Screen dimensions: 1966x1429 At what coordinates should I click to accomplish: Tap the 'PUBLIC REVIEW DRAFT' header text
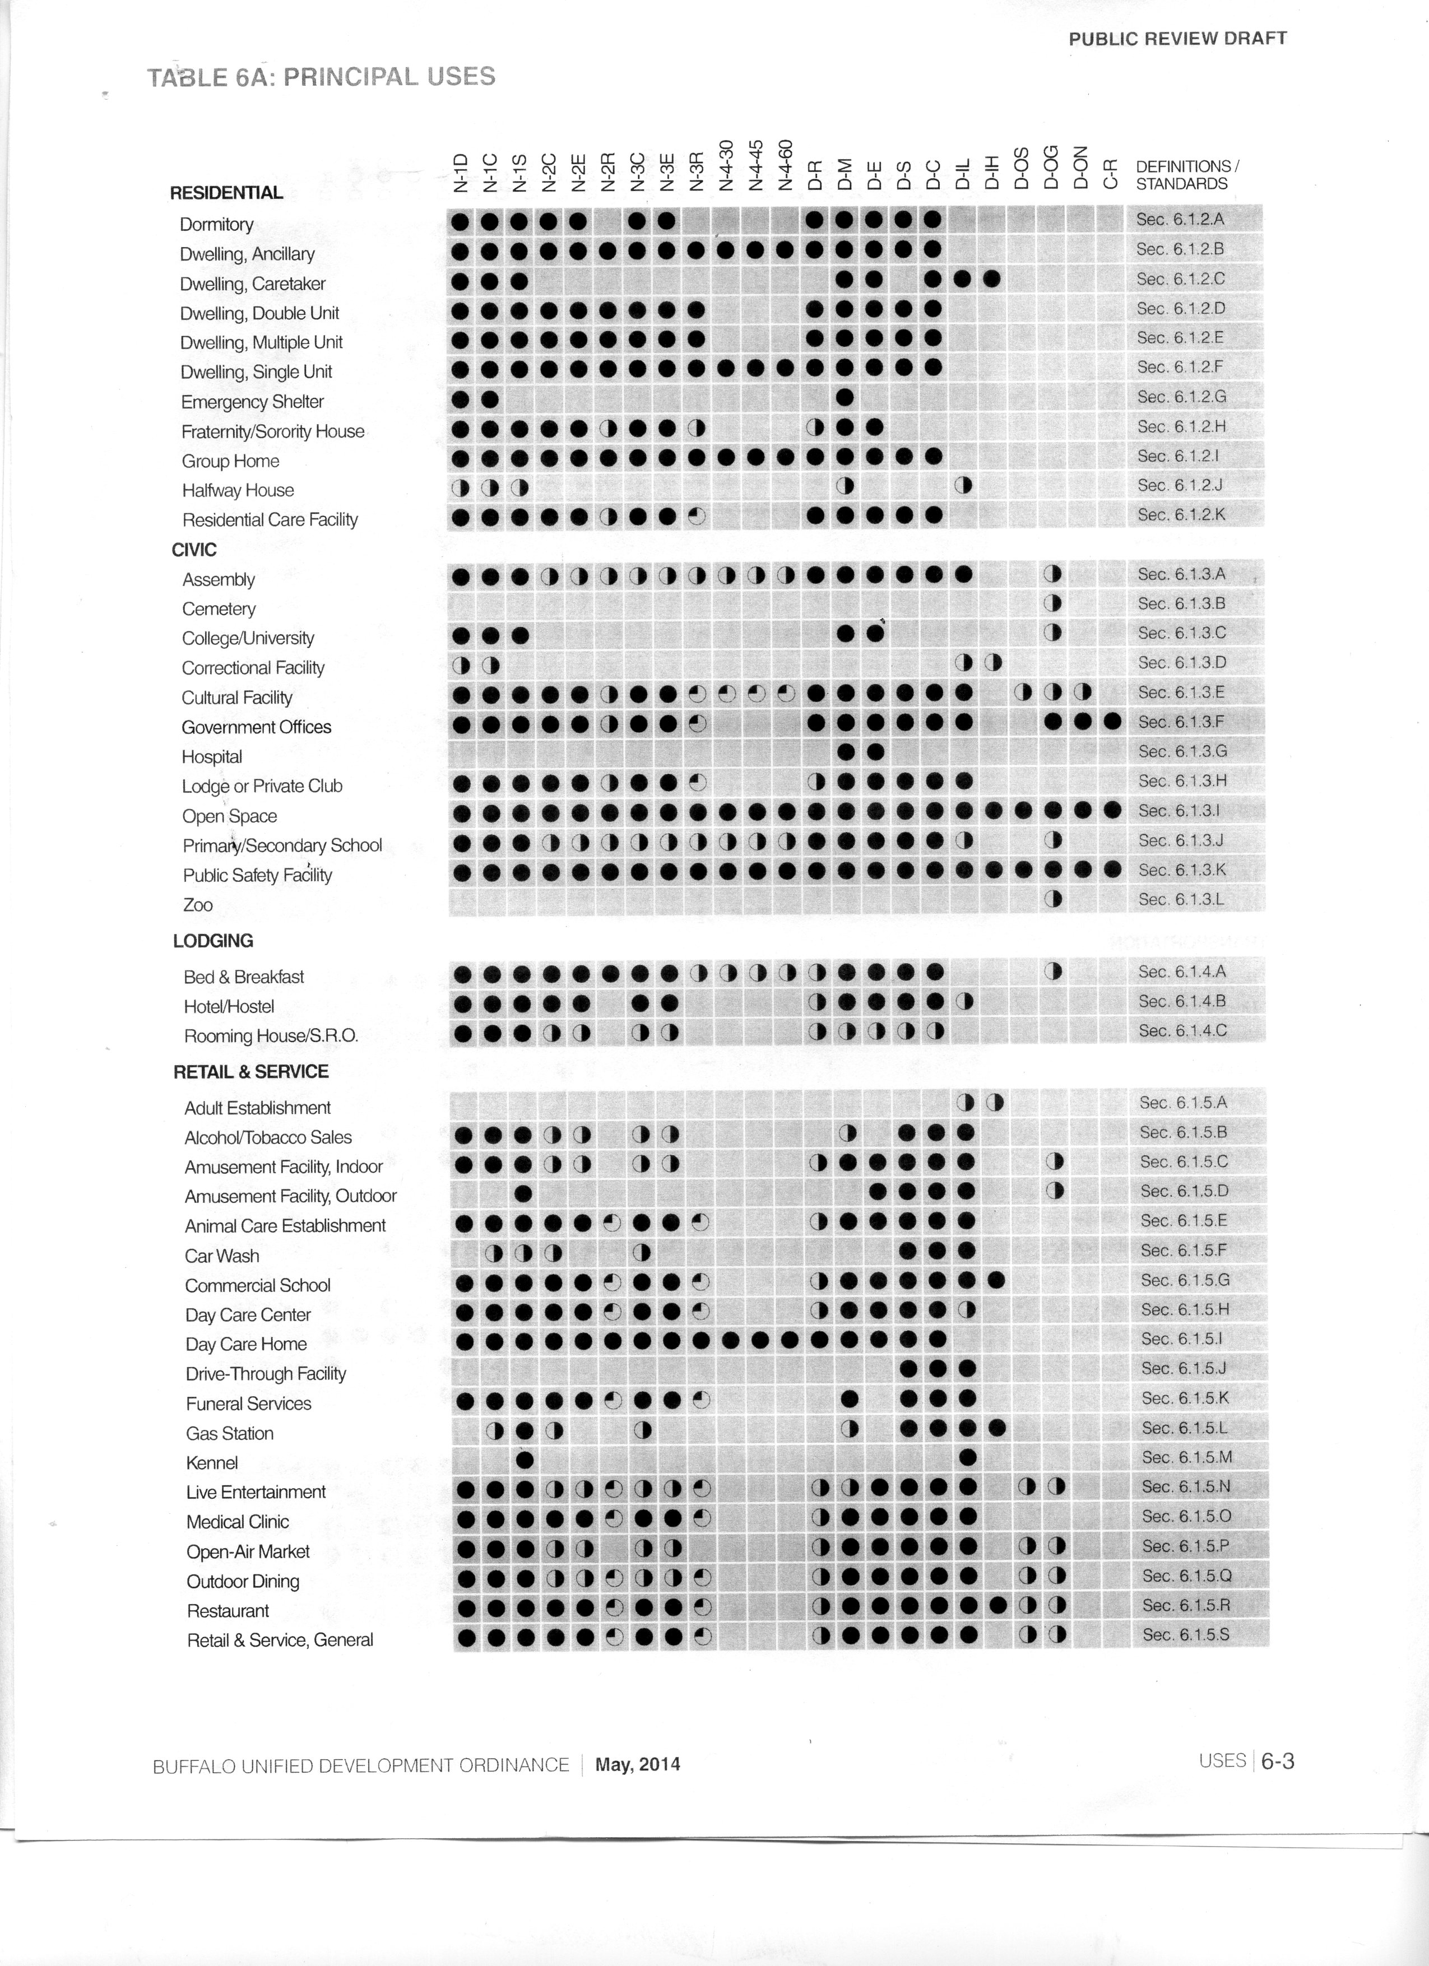pyautogui.click(x=1177, y=38)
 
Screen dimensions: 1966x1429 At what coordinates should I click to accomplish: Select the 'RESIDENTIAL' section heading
pyautogui.click(x=226, y=192)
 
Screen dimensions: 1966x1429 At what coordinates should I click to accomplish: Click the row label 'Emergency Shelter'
pyautogui.click(x=252, y=401)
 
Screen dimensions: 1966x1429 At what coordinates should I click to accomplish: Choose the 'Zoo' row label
pyautogui.click(x=198, y=904)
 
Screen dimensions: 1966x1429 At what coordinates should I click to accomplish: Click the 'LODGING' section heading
pyautogui.click(x=214, y=941)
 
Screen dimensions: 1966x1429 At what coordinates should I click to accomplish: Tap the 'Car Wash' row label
pyautogui.click(x=222, y=1255)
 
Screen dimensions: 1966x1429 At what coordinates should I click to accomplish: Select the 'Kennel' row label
pyautogui.click(x=212, y=1462)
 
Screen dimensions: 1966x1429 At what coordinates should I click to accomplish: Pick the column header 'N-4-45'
pyautogui.click(x=756, y=165)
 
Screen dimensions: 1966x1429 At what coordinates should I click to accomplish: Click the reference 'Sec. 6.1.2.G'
pyautogui.click(x=1181, y=396)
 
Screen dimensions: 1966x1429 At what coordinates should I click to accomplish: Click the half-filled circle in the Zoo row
pyautogui.click(x=1052, y=899)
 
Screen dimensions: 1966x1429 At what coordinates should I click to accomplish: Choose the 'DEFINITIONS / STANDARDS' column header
pyautogui.click(x=1186, y=174)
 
